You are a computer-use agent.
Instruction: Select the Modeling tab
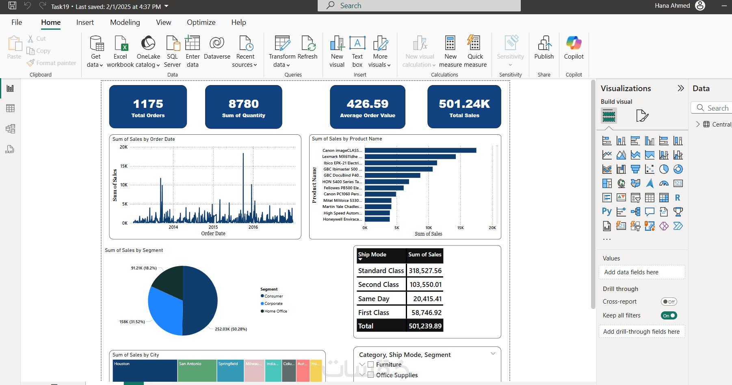(125, 22)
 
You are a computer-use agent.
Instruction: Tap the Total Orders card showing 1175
(148, 107)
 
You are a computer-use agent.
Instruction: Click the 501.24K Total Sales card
(464, 107)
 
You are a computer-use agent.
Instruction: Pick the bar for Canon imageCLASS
(420, 151)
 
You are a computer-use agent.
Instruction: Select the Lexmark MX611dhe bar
(410, 157)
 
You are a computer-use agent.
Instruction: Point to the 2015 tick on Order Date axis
(213, 227)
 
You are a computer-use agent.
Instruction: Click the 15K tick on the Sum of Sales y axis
(123, 166)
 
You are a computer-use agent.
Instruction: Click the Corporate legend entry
(273, 304)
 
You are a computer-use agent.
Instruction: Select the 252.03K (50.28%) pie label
(231, 329)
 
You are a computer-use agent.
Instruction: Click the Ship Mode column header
(372, 254)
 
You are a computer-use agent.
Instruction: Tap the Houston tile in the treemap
(145, 370)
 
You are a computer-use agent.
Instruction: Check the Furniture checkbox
(370, 365)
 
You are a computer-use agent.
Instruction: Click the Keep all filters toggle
(669, 315)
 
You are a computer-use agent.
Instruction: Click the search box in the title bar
(419, 6)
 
